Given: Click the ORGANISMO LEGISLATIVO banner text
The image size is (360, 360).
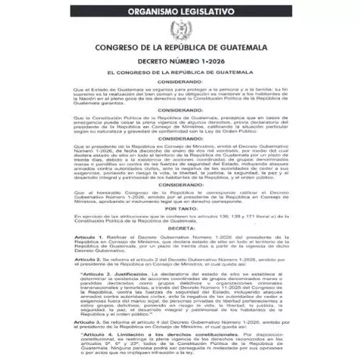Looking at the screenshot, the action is [x=181, y=12].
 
